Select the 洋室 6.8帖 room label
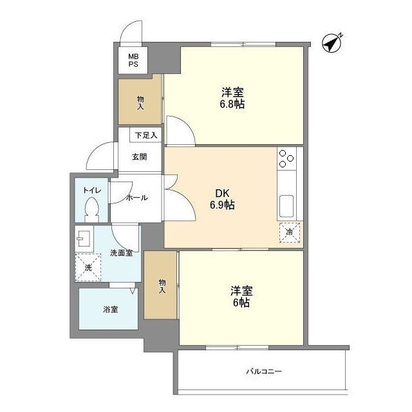click(232, 97)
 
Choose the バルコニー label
click(264, 371)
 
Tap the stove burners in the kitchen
click(286, 158)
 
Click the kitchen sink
click(286, 206)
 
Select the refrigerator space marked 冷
click(289, 232)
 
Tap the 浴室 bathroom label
click(110, 309)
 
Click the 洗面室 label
click(121, 253)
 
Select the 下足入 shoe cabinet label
click(145, 136)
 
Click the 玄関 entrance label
click(139, 156)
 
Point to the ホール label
click(137, 198)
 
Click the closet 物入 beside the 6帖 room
click(161, 285)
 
